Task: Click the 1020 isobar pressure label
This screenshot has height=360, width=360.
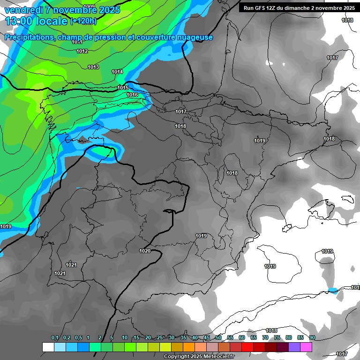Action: pyautogui.click(x=145, y=251)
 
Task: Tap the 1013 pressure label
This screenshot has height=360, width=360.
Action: pyautogui.click(x=93, y=67)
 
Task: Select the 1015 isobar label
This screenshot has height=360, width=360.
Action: pyautogui.click(x=123, y=88)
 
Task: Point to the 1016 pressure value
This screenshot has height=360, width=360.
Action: pyautogui.click(x=132, y=95)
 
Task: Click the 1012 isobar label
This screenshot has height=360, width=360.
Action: pyautogui.click(x=82, y=51)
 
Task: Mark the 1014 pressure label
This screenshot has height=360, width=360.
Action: pyautogui.click(x=117, y=72)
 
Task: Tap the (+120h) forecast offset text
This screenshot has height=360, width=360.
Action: pyautogui.click(x=83, y=21)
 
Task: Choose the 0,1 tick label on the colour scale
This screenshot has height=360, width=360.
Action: pyautogui.click(x=55, y=337)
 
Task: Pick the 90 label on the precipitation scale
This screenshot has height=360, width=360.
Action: pyautogui.click(x=312, y=337)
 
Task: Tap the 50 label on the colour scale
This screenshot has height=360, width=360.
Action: pyautogui.click(x=218, y=337)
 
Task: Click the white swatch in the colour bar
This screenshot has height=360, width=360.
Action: pyautogui.click(x=48, y=347)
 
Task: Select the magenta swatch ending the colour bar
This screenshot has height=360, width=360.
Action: pyautogui.click(x=306, y=347)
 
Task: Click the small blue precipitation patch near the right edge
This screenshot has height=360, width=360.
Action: pyautogui.click(x=333, y=290)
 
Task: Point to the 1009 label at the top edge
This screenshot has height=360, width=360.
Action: pyautogui.click(x=89, y=7)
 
